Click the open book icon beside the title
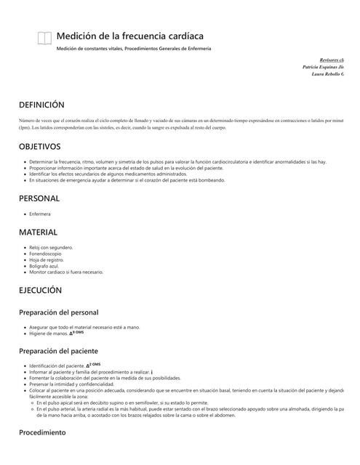click(44, 39)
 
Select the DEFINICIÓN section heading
click(41, 105)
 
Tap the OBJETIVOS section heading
click(39, 146)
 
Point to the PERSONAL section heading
click(39, 198)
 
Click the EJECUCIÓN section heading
click(41, 290)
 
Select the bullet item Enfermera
click(39, 214)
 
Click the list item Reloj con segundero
click(51, 248)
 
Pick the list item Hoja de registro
click(47, 259)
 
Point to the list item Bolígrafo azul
click(46, 266)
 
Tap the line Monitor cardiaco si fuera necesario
click(65, 272)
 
